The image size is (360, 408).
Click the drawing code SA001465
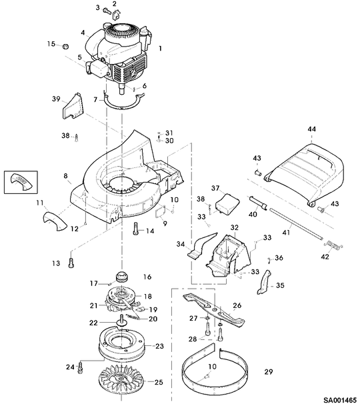(340, 400)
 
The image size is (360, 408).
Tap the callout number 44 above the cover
(311, 129)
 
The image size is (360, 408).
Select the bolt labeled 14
(136, 229)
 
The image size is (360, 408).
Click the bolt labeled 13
(71, 262)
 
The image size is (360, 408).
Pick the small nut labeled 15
(65, 47)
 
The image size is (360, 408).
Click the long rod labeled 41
(297, 223)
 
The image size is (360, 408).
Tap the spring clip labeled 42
(333, 245)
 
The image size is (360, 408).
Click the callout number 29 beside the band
(269, 371)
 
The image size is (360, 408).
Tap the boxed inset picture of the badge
(21, 183)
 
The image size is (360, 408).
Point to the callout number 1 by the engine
(160, 49)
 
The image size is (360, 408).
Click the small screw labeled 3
(107, 11)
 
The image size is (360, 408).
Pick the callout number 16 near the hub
(147, 277)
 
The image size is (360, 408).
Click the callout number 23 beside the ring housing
(159, 346)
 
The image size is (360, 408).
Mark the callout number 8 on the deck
(65, 176)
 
